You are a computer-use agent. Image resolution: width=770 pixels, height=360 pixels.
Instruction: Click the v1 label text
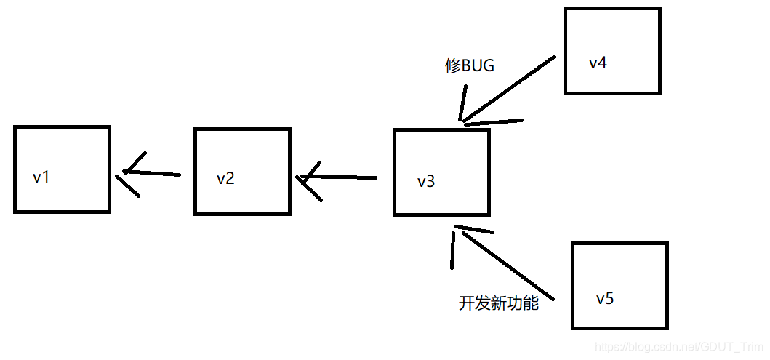click(41, 177)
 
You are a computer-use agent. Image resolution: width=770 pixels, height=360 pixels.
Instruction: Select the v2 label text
click(225, 178)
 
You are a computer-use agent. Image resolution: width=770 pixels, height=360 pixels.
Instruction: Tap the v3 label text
click(426, 181)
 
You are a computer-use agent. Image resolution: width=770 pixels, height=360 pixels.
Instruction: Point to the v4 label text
click(598, 63)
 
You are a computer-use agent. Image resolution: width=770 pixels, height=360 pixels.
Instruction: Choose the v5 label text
click(605, 299)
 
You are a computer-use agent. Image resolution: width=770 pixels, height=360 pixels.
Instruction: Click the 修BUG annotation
click(469, 65)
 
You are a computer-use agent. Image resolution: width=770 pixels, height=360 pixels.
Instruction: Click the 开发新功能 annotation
click(499, 303)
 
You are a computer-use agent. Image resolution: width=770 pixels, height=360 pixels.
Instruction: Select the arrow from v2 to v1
click(153, 173)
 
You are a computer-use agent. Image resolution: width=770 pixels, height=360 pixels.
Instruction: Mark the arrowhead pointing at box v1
click(128, 173)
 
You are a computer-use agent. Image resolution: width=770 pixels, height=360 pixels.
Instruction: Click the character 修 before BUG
click(452, 65)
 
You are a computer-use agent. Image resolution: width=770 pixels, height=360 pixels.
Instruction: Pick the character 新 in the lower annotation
click(499, 303)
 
